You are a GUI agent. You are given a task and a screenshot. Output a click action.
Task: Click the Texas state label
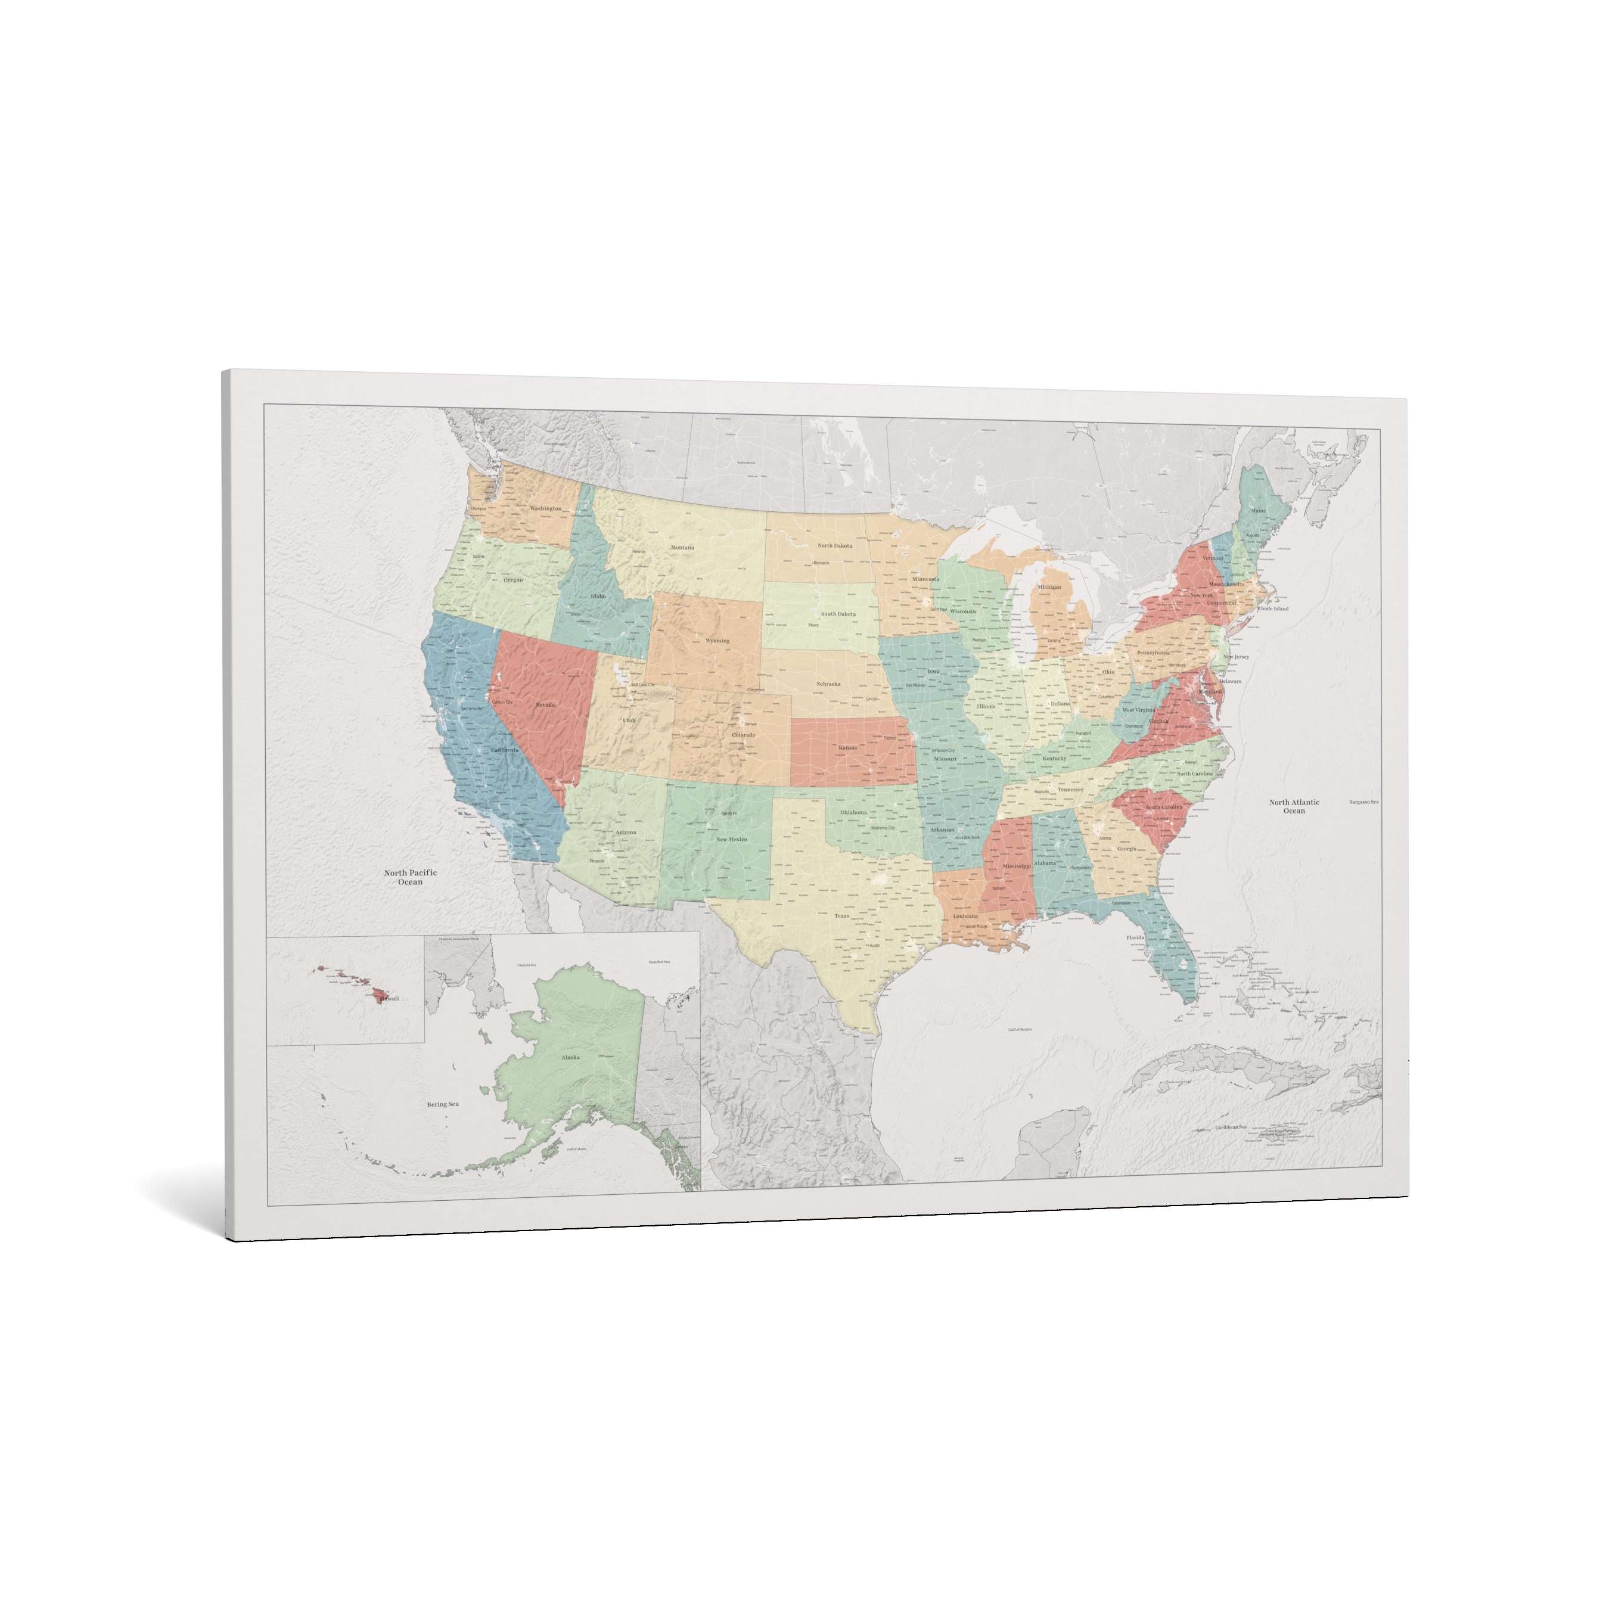(842, 916)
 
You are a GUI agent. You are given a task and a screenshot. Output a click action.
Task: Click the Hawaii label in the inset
(389, 998)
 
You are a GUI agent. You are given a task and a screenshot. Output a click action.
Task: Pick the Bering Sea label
(442, 1104)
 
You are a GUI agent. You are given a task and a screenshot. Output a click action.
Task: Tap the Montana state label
(682, 547)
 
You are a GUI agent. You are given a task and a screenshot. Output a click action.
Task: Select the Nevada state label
(545, 704)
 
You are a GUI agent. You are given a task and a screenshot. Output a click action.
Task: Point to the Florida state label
(1135, 937)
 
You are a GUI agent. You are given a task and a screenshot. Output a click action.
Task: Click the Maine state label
(1257, 511)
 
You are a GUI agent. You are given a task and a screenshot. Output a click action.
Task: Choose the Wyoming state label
(717, 641)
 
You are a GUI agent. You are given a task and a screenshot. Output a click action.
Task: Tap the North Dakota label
(834, 545)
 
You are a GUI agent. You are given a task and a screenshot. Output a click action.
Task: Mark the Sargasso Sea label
(1364, 802)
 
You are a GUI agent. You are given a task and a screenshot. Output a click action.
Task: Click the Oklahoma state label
(853, 812)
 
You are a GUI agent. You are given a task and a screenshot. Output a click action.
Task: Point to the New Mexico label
(731, 840)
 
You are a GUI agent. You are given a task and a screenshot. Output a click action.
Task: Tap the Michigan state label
(1049, 587)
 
